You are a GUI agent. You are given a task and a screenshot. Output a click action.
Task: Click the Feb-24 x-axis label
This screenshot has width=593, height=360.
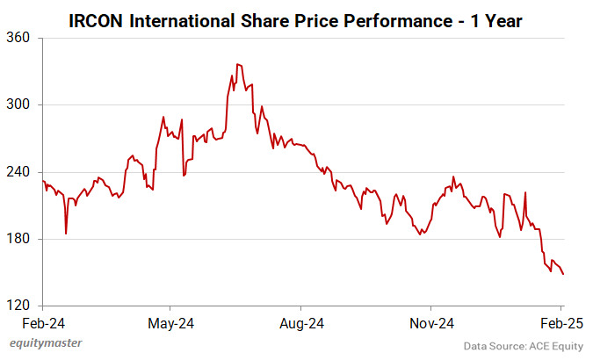42,323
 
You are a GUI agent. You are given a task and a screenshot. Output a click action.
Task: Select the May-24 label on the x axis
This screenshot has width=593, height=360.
172,323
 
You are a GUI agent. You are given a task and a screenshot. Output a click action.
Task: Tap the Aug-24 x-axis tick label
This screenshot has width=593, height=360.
301,323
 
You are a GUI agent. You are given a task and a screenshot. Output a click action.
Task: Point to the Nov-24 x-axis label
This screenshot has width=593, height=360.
431,323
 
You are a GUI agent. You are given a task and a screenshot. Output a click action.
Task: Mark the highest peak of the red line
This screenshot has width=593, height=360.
237,64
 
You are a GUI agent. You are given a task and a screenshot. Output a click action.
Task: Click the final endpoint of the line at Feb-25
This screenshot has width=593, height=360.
563,275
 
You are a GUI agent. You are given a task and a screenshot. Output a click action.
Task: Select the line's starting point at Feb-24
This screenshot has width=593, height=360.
43,181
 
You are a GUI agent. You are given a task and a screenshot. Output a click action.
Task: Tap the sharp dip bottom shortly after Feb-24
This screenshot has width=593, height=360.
66,234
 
